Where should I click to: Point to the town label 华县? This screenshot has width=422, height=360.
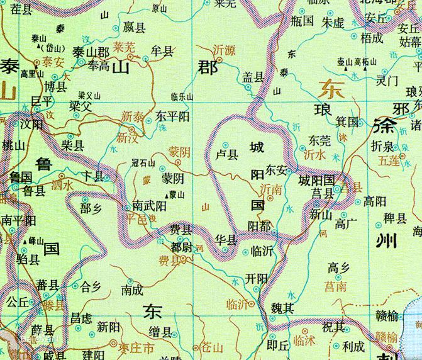226,240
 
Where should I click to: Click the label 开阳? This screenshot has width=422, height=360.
257,278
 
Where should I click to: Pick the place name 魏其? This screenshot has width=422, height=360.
282,308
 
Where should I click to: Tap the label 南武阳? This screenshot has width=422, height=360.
150,205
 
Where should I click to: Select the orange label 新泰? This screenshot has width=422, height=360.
133,116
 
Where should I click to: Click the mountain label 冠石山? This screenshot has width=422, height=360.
143,163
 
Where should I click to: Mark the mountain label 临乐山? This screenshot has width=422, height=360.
182,97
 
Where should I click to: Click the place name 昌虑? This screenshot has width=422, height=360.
81,317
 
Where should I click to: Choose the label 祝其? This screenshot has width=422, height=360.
334,327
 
